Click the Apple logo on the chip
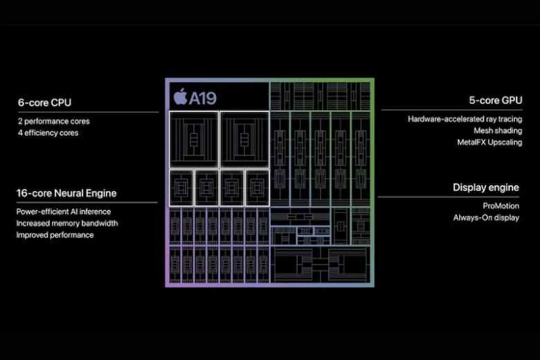point(180,97)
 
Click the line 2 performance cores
point(53,121)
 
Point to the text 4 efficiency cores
point(48,133)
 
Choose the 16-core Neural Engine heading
point(66,193)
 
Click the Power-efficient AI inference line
point(64,211)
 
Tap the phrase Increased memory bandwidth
point(67,223)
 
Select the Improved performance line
point(55,235)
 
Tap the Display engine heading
point(486,187)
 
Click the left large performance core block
point(193,138)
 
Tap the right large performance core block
point(244,138)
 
